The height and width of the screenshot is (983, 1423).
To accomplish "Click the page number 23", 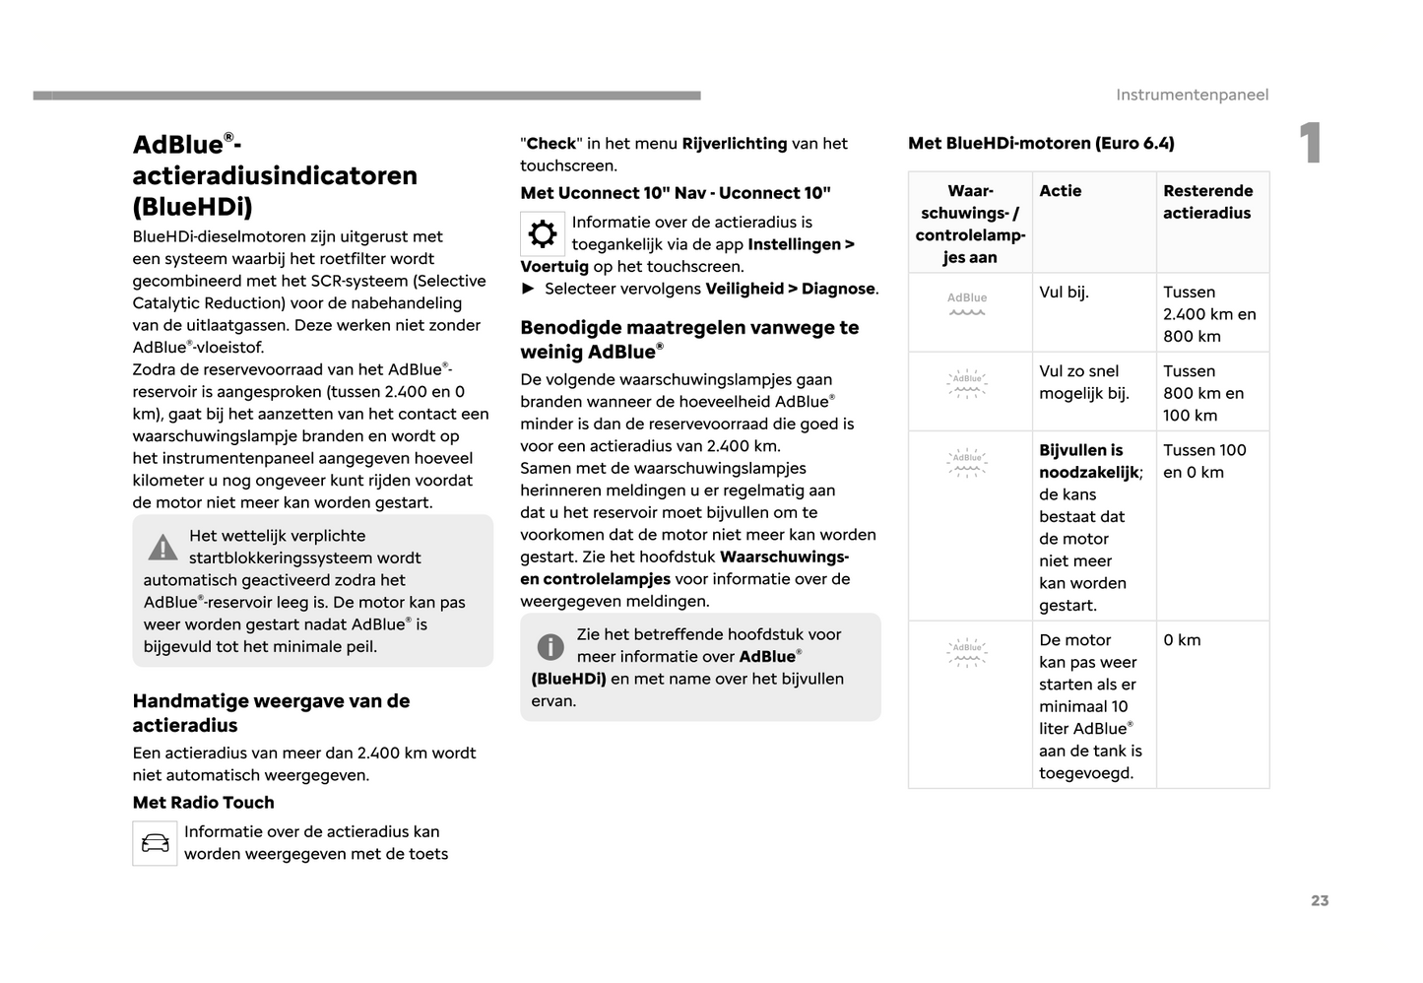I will point(1320,900).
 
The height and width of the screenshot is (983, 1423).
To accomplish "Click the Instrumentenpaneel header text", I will point(1192,95).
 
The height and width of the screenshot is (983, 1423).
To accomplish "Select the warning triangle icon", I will point(162,547).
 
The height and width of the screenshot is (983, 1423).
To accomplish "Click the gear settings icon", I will point(543,233).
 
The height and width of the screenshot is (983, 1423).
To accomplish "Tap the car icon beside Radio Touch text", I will point(155,843).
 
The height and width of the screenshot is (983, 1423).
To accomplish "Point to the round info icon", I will point(550,646).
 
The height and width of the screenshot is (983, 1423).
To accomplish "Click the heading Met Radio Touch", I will point(204,803).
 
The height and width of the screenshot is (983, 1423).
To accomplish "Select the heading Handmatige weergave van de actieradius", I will point(271,713).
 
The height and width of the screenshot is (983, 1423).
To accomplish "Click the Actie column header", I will point(1061,191).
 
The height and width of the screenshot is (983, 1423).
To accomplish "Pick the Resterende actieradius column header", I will point(1207,202).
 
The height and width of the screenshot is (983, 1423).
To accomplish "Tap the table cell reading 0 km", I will point(1182,640).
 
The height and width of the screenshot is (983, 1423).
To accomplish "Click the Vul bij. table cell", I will point(1064,293).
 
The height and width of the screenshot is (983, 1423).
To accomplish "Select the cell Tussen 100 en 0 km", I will point(1204,461).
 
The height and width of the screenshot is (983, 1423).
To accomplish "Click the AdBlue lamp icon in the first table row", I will point(967,303).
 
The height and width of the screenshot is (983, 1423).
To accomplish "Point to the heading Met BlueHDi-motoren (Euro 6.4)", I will point(1041,143).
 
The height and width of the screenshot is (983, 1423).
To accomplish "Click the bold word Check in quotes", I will point(551,144).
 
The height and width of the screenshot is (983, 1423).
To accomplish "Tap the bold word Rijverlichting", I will point(735,144).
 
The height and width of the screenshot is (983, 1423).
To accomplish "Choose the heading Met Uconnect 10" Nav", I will point(676,193).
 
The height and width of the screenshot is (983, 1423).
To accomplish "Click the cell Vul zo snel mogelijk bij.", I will point(1084,382).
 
